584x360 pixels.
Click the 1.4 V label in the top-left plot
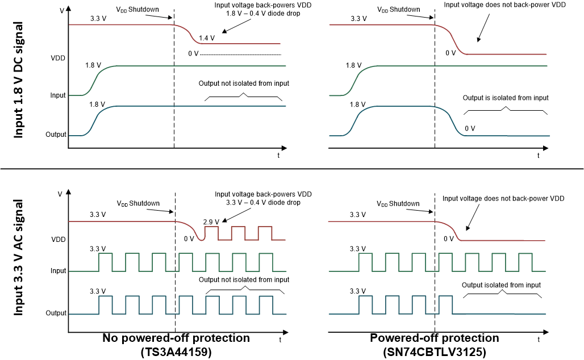207,38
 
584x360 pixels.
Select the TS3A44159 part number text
176,352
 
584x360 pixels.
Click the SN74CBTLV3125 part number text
435,352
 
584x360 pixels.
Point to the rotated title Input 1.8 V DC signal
19,80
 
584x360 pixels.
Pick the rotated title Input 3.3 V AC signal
19,257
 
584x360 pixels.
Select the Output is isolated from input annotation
506,98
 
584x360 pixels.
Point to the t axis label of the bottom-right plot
539,339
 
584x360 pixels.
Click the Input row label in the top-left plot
59,95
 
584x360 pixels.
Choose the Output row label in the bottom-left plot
56,313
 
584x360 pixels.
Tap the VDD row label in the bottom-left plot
59,240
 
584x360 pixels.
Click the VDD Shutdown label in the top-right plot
399,10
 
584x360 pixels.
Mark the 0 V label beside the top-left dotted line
193,54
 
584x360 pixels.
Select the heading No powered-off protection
176,338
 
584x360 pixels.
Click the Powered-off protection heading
435,338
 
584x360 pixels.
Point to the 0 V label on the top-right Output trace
470,128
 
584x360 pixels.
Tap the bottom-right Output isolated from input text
501,285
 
